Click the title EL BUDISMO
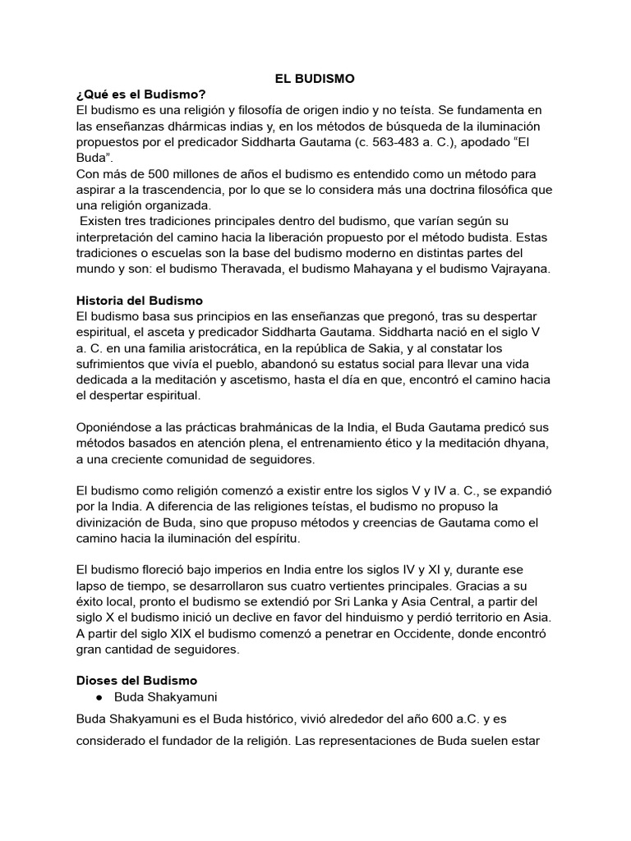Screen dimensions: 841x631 315,79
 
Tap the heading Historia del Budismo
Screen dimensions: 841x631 139,301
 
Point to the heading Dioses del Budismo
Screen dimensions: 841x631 136,680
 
